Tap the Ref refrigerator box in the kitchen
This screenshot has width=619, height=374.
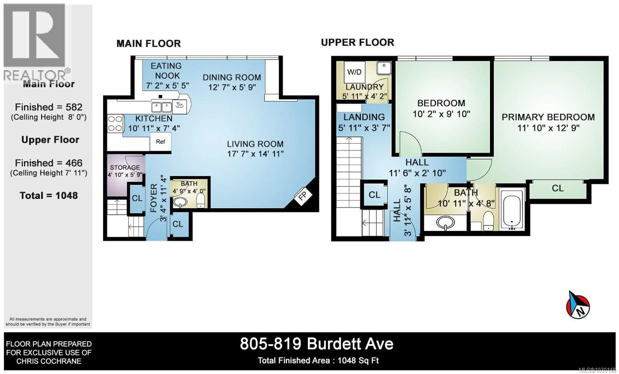pyautogui.click(x=161, y=142)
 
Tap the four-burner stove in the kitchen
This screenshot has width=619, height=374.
pyautogui.click(x=115, y=123)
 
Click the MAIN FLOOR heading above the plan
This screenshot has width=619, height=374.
pyautogui.click(x=148, y=44)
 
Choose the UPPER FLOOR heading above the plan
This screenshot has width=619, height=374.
pyautogui.click(x=358, y=42)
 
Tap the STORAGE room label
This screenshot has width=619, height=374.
pyautogui.click(x=125, y=167)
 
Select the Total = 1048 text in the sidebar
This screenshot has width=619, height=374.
pyautogui.click(x=49, y=195)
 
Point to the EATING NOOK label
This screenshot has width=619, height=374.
pyautogui.click(x=166, y=71)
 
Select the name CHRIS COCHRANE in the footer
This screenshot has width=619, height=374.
pyautogui.click(x=49, y=361)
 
